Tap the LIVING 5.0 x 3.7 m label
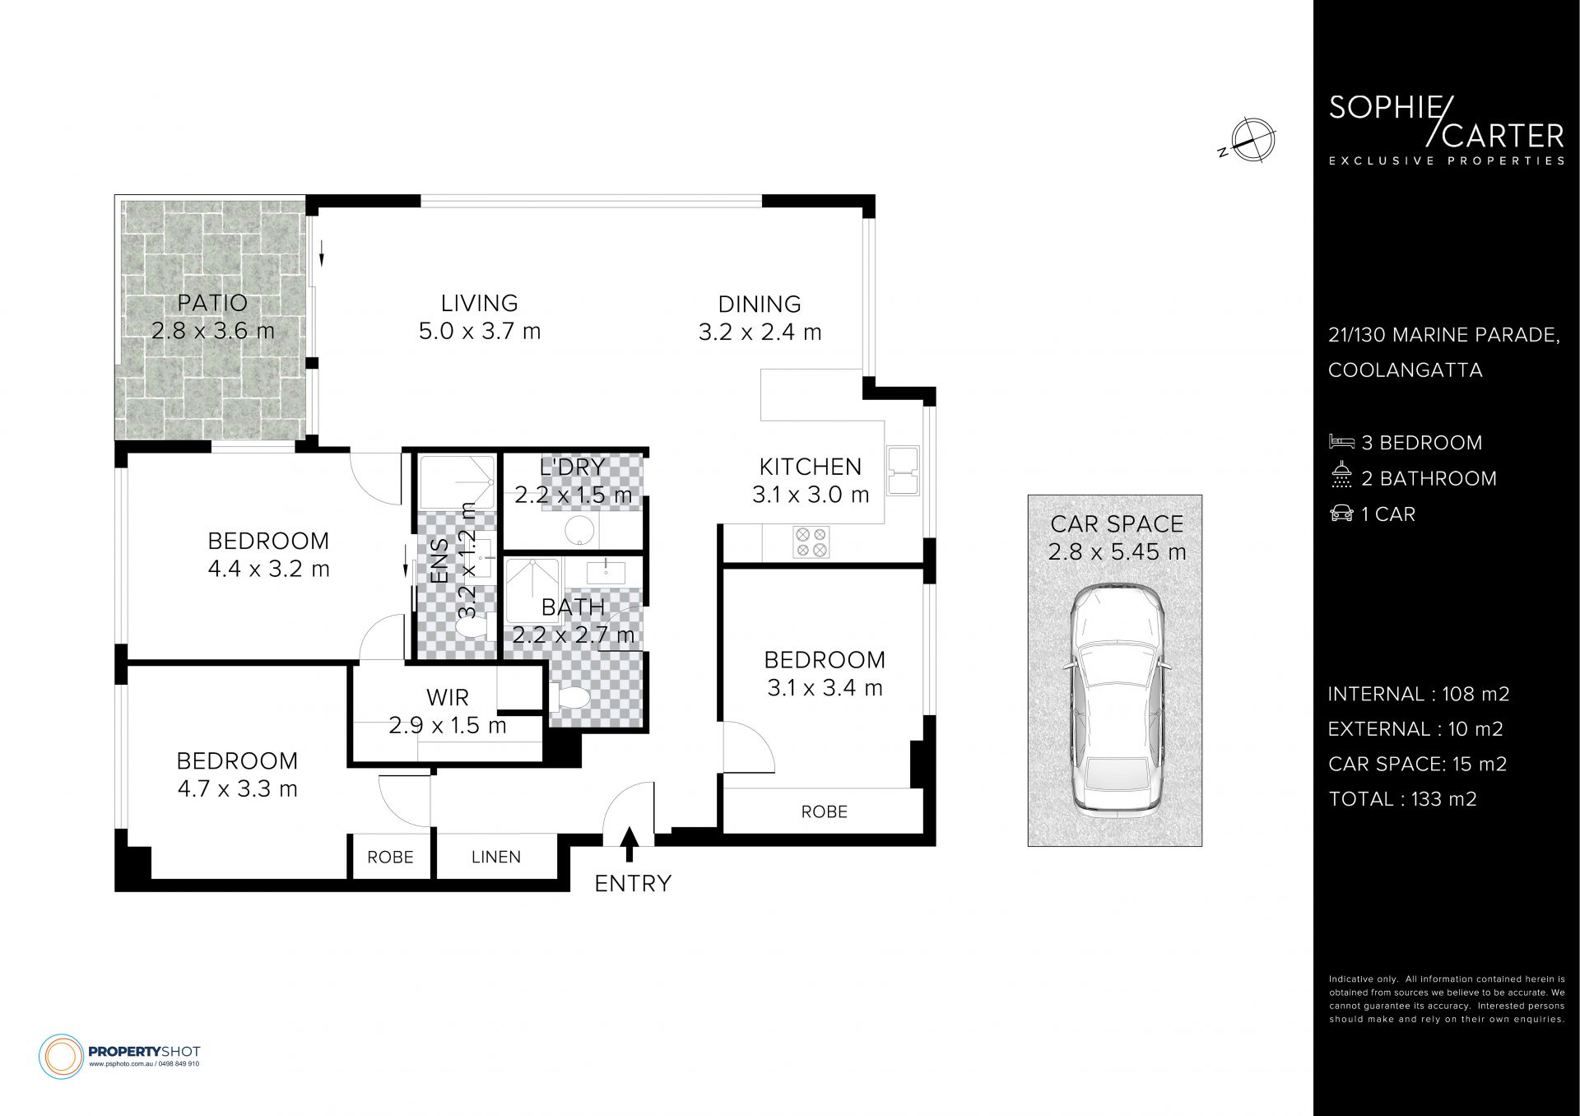480,317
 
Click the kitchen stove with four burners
810,542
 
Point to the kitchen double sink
903,472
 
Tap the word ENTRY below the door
633,884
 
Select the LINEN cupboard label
496,857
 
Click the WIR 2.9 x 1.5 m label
448,711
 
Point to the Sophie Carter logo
1447,132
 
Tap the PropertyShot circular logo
62,1055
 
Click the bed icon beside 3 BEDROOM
1341,442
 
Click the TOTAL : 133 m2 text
1402,799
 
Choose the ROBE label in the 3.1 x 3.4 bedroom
824,811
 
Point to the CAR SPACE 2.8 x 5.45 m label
1117,537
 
